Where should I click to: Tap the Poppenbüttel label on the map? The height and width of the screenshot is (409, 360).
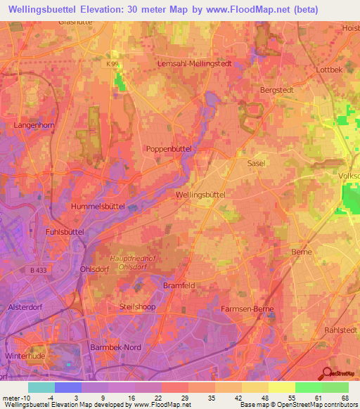(169, 149)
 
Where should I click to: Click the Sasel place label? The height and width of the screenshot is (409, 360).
(256, 162)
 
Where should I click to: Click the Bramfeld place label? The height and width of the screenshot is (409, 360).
(178, 285)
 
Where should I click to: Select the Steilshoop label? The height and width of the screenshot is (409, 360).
(137, 307)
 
